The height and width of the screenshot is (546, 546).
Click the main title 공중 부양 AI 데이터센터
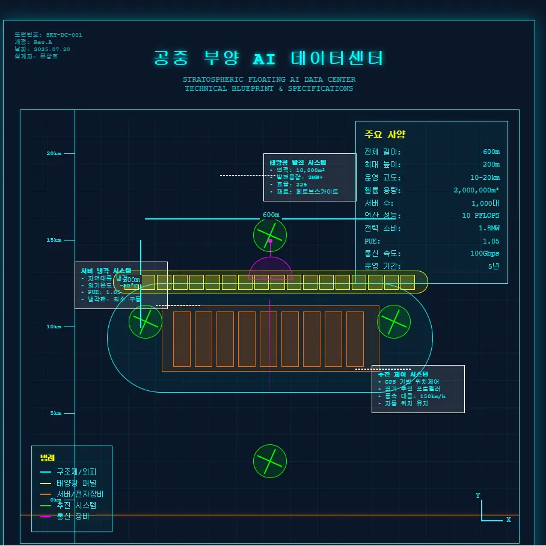268,59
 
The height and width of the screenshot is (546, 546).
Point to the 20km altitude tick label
54,153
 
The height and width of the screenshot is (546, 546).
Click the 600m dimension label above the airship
271,215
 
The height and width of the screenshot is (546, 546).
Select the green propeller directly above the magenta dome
270,235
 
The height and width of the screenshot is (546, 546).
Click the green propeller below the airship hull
270,461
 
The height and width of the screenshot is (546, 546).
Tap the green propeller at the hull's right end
394,322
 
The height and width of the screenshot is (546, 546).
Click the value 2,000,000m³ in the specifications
476,190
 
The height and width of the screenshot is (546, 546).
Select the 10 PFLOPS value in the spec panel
480,215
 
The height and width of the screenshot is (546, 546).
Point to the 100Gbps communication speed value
485,253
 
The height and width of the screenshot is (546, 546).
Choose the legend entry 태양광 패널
76,483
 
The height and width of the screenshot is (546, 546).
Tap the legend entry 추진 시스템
76,505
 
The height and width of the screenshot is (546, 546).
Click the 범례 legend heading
48,458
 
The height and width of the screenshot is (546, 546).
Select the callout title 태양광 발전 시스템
298,162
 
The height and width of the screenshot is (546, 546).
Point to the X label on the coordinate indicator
508,520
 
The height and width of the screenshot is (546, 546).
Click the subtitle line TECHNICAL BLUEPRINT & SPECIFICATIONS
269,88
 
